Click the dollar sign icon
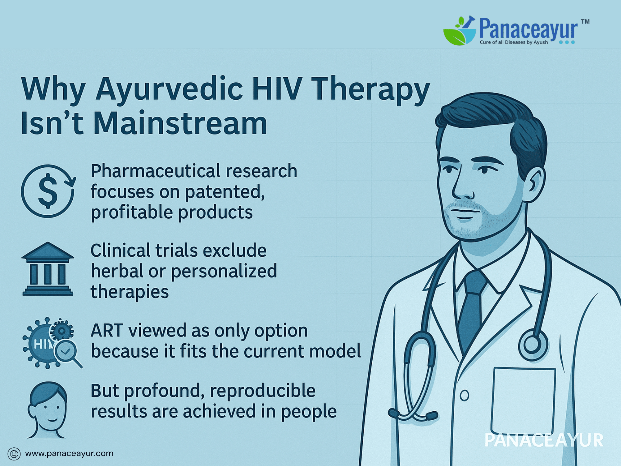(x=48, y=191)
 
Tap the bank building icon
(x=48, y=269)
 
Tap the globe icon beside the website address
(x=14, y=454)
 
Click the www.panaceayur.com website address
(x=69, y=454)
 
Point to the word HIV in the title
(x=277, y=89)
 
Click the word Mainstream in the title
(x=180, y=123)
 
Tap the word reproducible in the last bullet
(x=263, y=391)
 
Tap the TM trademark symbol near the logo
(x=585, y=21)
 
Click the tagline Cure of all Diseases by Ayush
(x=514, y=42)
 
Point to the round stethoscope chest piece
(x=533, y=345)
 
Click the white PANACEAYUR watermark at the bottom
(x=544, y=441)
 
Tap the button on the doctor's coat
(x=465, y=395)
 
